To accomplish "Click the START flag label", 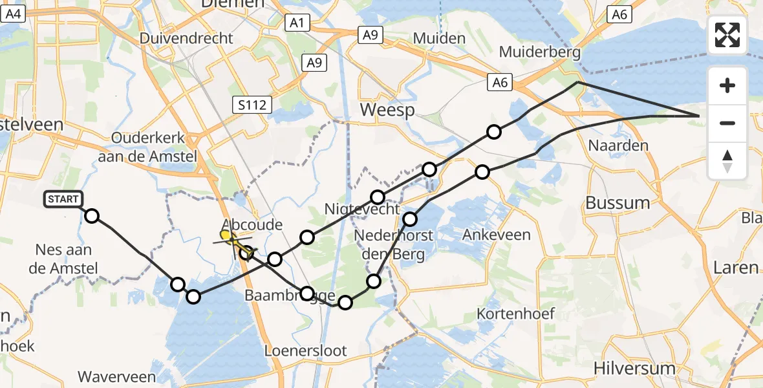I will click(x=63, y=199).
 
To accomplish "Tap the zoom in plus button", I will click(x=727, y=85).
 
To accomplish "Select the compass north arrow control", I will click(x=727, y=161).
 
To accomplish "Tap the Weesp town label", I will click(x=387, y=110).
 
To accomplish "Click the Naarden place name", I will click(x=618, y=145).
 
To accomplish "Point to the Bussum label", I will click(x=618, y=203).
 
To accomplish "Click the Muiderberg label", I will click(x=540, y=52).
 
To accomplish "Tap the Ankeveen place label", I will click(x=496, y=235).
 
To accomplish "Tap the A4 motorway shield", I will click(x=14, y=14).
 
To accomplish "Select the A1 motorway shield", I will click(x=297, y=23).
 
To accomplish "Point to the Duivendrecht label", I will click(x=186, y=38).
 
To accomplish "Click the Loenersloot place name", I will click(x=306, y=351).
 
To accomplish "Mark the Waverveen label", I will click(x=116, y=376).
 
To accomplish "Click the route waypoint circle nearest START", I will click(x=92, y=216).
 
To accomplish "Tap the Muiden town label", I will click(x=439, y=38).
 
